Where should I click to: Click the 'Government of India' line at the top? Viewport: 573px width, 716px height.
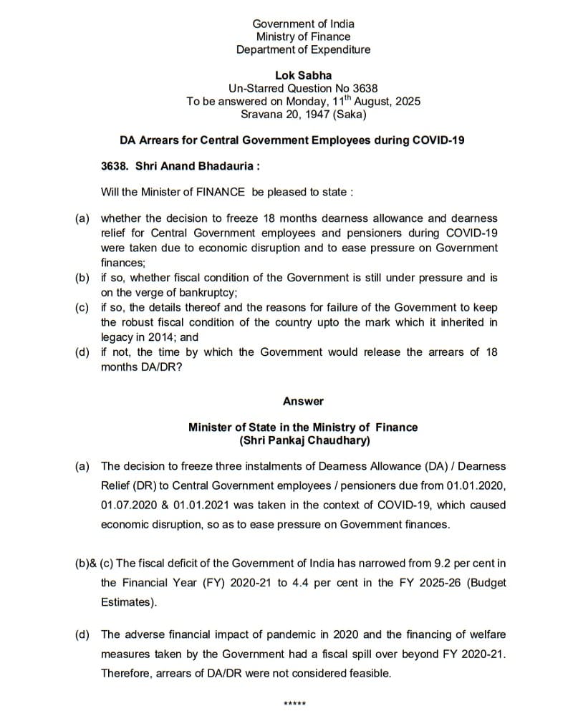tap(303, 24)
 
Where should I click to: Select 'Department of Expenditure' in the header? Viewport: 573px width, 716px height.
tap(303, 49)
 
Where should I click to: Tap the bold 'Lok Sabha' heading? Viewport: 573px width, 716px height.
tap(303, 75)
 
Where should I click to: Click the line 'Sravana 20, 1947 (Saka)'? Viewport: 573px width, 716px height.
tap(303, 114)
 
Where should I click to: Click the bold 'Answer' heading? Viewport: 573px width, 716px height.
tap(303, 401)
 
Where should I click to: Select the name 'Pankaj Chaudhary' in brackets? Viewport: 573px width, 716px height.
tap(310, 440)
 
